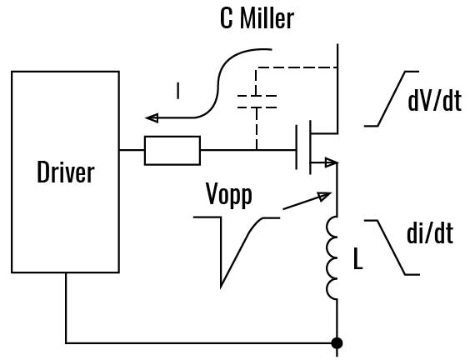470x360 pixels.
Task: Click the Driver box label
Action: point(65,172)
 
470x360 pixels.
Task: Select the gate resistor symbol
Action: point(172,151)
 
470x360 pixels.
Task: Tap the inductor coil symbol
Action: point(333,257)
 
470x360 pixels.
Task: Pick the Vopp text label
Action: point(228,195)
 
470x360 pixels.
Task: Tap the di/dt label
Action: point(429,233)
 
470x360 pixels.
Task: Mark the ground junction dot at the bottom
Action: point(337,342)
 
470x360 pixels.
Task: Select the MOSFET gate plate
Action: point(297,150)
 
